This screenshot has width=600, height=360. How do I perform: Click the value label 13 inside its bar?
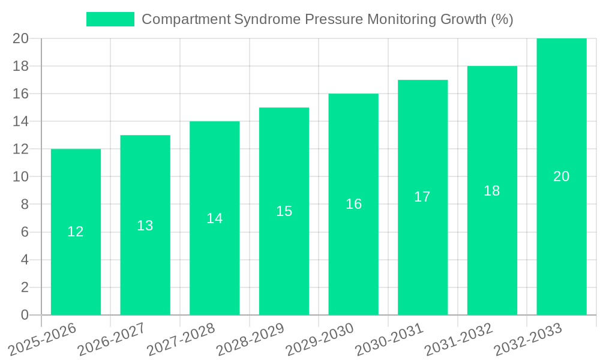tap(145, 226)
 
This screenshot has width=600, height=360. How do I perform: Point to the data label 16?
tap(353, 204)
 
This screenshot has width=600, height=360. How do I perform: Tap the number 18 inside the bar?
tap(491, 191)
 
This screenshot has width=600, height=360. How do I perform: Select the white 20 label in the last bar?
tap(561, 176)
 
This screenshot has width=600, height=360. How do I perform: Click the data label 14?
tap(214, 218)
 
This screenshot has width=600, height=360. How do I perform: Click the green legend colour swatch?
tap(110, 19)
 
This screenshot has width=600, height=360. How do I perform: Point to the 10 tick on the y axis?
tap(20, 177)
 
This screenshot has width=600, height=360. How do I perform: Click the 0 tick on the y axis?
tap(25, 315)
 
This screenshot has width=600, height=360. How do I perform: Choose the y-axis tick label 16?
tap(20, 94)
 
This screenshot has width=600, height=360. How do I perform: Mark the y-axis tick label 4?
tap(25, 260)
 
